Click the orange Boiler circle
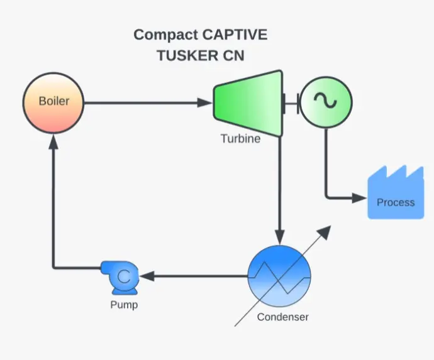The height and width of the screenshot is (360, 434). pos(54,102)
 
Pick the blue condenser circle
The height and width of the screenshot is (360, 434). pos(279,276)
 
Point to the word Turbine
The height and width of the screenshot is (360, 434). pos(240,139)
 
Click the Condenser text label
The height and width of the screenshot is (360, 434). pos(282,317)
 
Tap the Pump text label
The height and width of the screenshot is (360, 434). pos(124,305)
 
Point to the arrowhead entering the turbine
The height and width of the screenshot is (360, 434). pos(206,102)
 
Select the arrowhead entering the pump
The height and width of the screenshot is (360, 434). pos(147,275)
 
